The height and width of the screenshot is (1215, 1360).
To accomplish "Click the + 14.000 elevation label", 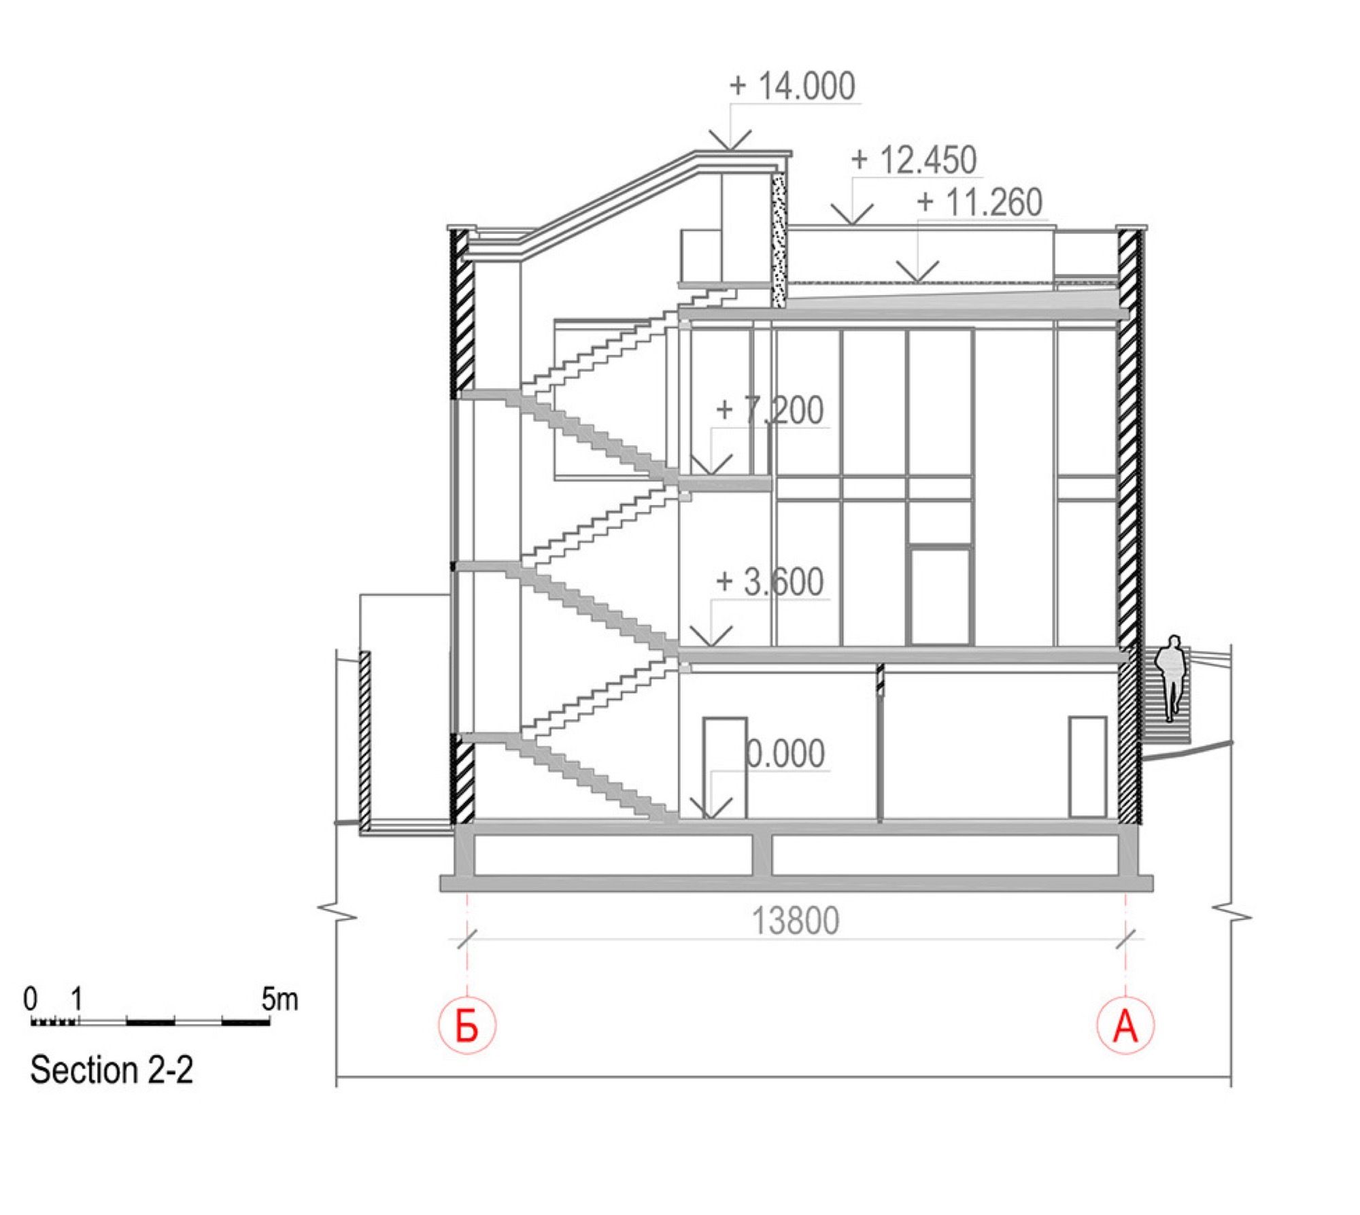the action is tap(792, 86).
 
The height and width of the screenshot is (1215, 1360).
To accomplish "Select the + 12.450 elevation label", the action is tap(914, 160).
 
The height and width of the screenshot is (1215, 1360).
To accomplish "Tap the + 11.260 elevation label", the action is tap(979, 203).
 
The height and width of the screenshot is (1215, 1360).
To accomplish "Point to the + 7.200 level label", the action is tap(770, 410).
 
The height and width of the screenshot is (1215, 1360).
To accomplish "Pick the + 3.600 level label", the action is tap(770, 582).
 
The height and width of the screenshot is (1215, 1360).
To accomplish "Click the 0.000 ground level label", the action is tap(785, 753).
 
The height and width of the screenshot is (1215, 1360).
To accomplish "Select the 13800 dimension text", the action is tap(796, 921).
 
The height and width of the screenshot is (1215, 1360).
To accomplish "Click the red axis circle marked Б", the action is tap(467, 1026).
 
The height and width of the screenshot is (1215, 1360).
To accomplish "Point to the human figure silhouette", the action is tap(1173, 678).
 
